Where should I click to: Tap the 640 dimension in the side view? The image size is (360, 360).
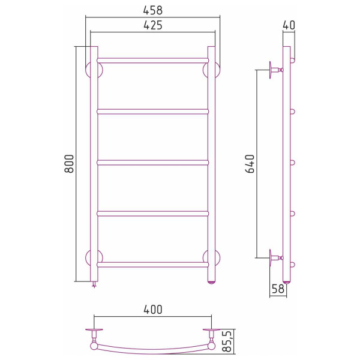pyautogui.click(x=250, y=164)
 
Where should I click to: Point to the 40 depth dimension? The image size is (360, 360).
pyautogui.click(x=289, y=25)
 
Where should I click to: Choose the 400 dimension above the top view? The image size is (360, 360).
pyautogui.click(x=153, y=310)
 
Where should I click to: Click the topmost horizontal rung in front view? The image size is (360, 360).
pyautogui.click(x=153, y=61)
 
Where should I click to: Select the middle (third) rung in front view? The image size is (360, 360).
pyautogui.click(x=153, y=162)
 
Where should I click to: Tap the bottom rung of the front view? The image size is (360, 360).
pyautogui.click(x=153, y=263)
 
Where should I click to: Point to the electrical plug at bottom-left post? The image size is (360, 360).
pyautogui.click(x=94, y=285)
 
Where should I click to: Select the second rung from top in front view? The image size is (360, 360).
pyautogui.click(x=153, y=111)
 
